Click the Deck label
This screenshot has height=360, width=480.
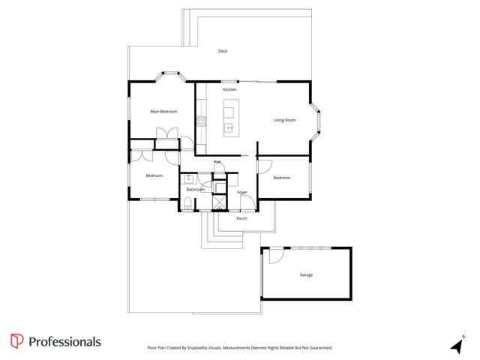pos(223,51)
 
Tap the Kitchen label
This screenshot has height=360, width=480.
pos(229,90)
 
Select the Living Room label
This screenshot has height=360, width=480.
pos(284,120)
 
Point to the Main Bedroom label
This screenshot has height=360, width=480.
pos(163,112)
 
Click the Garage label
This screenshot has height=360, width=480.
pos(306,275)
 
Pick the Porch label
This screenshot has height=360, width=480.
pos(241,218)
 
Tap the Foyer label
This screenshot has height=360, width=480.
pos(242,193)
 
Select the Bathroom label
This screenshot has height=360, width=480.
pos(196,190)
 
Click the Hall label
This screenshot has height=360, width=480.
pos(217,161)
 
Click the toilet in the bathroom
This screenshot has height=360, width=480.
pos(187,204)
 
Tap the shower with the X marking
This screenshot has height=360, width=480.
pos(219,202)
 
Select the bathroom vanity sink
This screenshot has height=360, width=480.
pos(188,178)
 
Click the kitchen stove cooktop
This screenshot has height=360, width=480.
pos(200,120)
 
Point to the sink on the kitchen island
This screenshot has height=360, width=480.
pos(229,128)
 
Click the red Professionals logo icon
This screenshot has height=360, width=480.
pos(16,341)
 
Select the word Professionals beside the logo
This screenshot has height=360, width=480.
pos(64,342)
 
